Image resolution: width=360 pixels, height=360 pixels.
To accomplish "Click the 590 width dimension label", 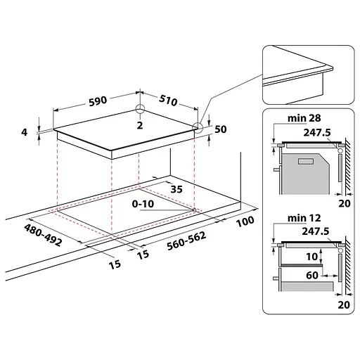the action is [x=98, y=101].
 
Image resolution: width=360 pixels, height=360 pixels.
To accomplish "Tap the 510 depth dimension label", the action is [x=168, y=100].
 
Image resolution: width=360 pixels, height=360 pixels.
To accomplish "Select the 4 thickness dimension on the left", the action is [x=24, y=132].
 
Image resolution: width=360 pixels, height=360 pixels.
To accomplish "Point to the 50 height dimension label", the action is [x=221, y=129].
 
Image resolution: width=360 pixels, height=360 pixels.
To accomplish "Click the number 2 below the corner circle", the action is [x=140, y=125].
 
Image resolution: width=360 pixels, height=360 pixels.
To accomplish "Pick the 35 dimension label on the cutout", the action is [x=176, y=189].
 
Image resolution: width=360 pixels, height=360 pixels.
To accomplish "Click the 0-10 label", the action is [x=143, y=204].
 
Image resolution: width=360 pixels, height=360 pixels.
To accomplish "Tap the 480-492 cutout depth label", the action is [x=44, y=235].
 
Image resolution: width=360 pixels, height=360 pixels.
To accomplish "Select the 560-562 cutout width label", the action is [x=186, y=240].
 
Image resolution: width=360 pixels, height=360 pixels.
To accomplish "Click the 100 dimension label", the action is [x=245, y=221].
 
